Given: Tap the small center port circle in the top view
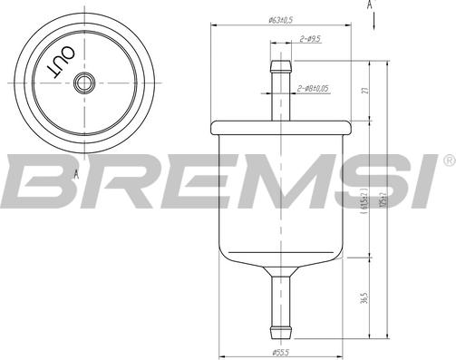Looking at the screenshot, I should [84, 82].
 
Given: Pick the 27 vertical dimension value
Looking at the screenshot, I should [364, 91].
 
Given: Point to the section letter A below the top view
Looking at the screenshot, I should [76, 172].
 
